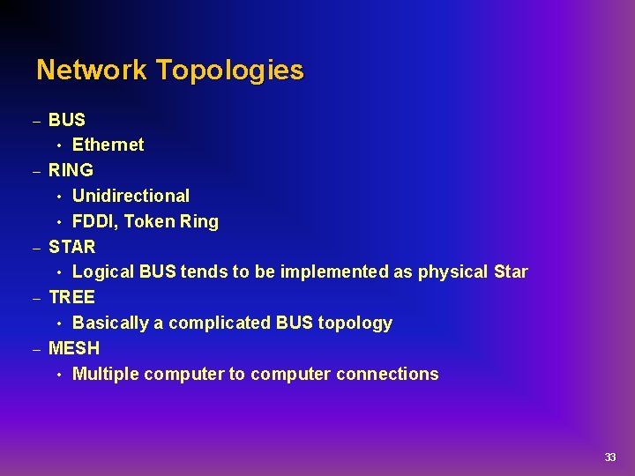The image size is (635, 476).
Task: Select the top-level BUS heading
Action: [67, 119]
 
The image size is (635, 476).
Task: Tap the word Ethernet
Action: [108, 145]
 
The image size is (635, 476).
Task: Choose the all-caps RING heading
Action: [71, 170]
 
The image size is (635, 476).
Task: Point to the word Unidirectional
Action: [131, 196]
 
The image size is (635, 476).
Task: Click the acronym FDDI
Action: [93, 221]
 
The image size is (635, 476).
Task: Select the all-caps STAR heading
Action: [71, 247]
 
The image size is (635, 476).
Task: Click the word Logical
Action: [103, 271]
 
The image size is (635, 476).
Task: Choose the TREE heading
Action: [71, 297]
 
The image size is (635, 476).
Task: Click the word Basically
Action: [110, 323]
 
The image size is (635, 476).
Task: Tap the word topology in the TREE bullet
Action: [355, 324]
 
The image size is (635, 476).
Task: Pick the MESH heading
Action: [74, 348]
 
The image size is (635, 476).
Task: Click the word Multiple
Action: [106, 374]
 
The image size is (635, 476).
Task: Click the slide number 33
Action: [610, 457]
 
